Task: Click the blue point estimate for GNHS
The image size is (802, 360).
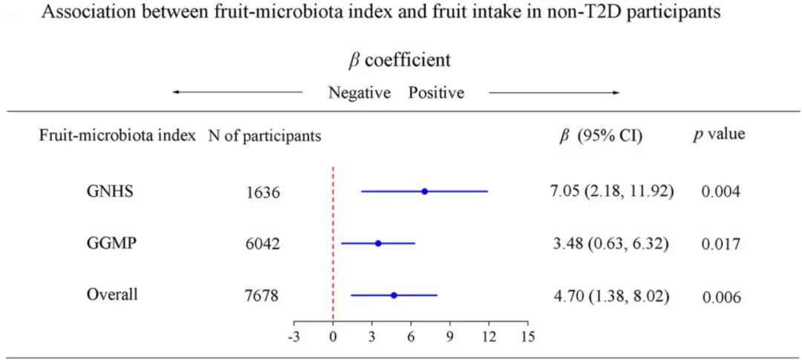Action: coord(424,192)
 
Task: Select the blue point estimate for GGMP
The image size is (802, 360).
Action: coord(378,243)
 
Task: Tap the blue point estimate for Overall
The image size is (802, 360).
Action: coord(394,295)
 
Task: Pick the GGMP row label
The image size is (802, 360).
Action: coord(109,243)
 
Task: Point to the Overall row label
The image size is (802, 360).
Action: coord(112,294)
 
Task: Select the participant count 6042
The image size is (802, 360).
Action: coord(263,244)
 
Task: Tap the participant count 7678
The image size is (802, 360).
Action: coord(263,296)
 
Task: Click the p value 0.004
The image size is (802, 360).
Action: coord(721,192)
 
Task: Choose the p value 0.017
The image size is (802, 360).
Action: coord(721,243)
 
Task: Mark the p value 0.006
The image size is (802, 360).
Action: coord(721,296)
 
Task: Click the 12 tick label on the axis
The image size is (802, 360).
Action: coord(489,336)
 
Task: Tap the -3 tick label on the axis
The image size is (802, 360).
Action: coord(293,336)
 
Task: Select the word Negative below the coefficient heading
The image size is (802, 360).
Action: coord(359,93)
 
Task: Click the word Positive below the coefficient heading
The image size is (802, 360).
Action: coord(436,93)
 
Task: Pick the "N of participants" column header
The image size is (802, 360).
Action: coord(265,136)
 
